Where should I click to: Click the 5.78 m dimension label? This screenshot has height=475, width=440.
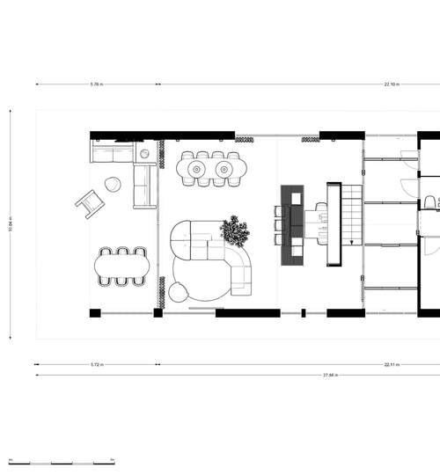click(x=96, y=84)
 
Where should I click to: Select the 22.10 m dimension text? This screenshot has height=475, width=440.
click(x=392, y=84)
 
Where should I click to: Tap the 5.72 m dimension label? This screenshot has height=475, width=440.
click(x=97, y=362)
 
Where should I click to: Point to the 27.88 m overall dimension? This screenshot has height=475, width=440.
click(x=332, y=376)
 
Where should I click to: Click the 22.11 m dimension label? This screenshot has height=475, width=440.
click(x=392, y=362)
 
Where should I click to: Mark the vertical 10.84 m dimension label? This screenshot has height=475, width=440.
click(x=11, y=224)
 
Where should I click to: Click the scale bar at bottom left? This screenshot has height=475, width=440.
click(x=62, y=462)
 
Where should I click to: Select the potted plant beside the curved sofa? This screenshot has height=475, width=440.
click(x=235, y=230)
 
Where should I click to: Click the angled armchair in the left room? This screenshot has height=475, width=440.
click(x=89, y=203)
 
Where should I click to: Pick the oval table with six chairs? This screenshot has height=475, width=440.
click(x=122, y=266)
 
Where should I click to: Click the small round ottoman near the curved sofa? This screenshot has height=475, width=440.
click(x=179, y=292)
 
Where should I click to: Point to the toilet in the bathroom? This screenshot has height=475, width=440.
click(x=429, y=204)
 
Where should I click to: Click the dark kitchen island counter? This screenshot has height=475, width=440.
click(x=292, y=224)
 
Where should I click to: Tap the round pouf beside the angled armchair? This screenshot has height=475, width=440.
click(x=113, y=184)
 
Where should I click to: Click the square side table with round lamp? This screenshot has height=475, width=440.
click(x=145, y=153)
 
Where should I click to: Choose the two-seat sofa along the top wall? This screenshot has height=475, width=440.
click(x=112, y=155)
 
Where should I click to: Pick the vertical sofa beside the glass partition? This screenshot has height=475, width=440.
click(x=143, y=186)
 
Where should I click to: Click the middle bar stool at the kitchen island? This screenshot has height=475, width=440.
click(x=278, y=224)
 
